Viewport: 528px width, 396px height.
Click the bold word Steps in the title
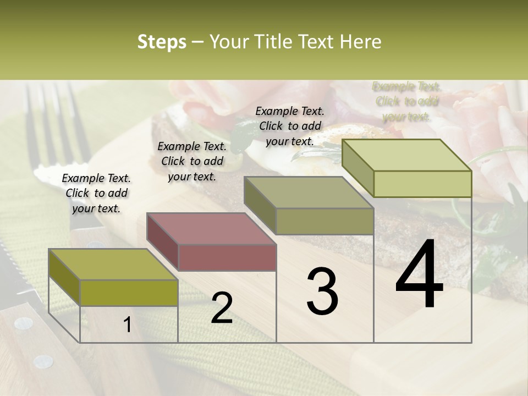(x=162, y=42)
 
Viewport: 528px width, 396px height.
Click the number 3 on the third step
(x=322, y=291)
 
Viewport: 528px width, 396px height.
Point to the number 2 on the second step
(x=222, y=308)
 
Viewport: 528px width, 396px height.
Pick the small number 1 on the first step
(x=128, y=325)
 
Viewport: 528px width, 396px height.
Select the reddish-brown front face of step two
(x=227, y=257)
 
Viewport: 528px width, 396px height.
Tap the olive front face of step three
(x=324, y=221)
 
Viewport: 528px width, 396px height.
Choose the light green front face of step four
(x=422, y=184)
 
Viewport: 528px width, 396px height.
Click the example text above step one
(x=96, y=193)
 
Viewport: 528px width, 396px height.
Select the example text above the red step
(x=192, y=161)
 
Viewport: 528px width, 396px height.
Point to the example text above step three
(x=290, y=126)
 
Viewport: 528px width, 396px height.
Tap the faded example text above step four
(x=406, y=101)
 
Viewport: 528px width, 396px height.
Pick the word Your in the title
(x=229, y=42)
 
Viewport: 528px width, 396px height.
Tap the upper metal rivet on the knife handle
(x=24, y=323)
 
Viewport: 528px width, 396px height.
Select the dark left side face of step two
(x=163, y=242)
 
